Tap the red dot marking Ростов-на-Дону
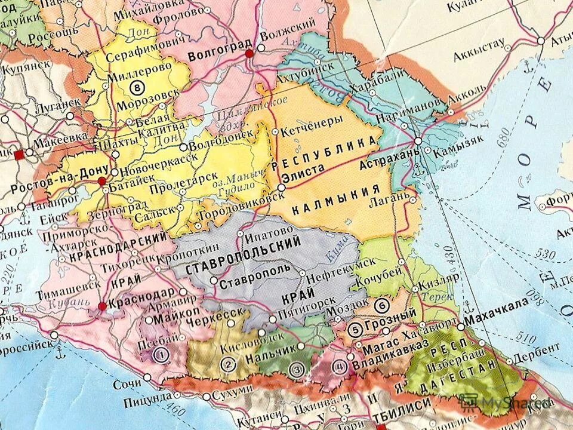(102, 180)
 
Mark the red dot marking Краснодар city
(102, 306)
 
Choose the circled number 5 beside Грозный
(356, 328)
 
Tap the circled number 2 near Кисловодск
(227, 364)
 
